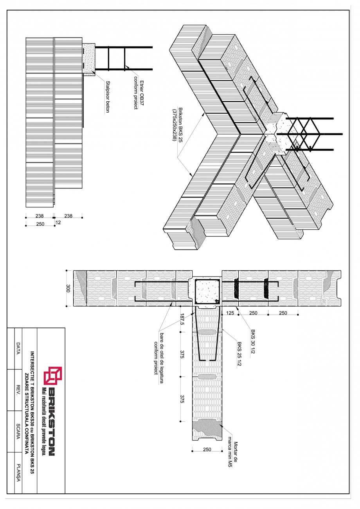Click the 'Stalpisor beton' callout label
(107, 96)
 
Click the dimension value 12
(58, 223)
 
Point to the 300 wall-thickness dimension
(68, 288)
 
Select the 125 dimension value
(230, 313)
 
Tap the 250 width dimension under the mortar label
(207, 450)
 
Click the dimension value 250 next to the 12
(40, 224)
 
